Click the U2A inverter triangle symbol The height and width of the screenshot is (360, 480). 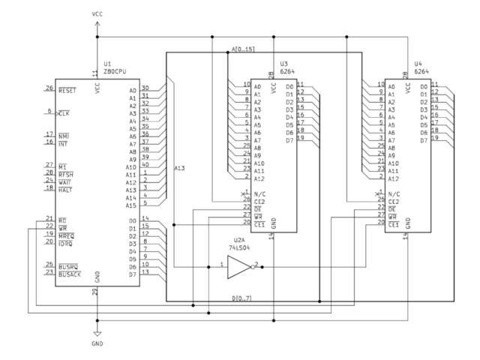click(x=238, y=266)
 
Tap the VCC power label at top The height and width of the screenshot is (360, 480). click(x=97, y=13)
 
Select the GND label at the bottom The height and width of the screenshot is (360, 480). click(x=97, y=343)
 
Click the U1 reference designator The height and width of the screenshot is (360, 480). click(x=107, y=64)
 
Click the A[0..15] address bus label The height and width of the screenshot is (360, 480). click(x=244, y=49)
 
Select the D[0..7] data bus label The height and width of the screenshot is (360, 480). click(x=241, y=298)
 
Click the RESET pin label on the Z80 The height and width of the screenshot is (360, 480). click(x=67, y=89)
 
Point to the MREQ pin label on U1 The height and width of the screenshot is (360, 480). click(x=66, y=235)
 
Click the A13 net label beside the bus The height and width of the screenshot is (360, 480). click(x=180, y=167)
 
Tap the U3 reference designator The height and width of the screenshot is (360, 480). click(x=283, y=64)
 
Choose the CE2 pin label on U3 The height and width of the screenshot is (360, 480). click(x=258, y=201)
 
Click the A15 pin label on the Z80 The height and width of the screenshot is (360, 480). click(x=130, y=205)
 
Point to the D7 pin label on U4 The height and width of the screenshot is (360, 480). click(x=424, y=140)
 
